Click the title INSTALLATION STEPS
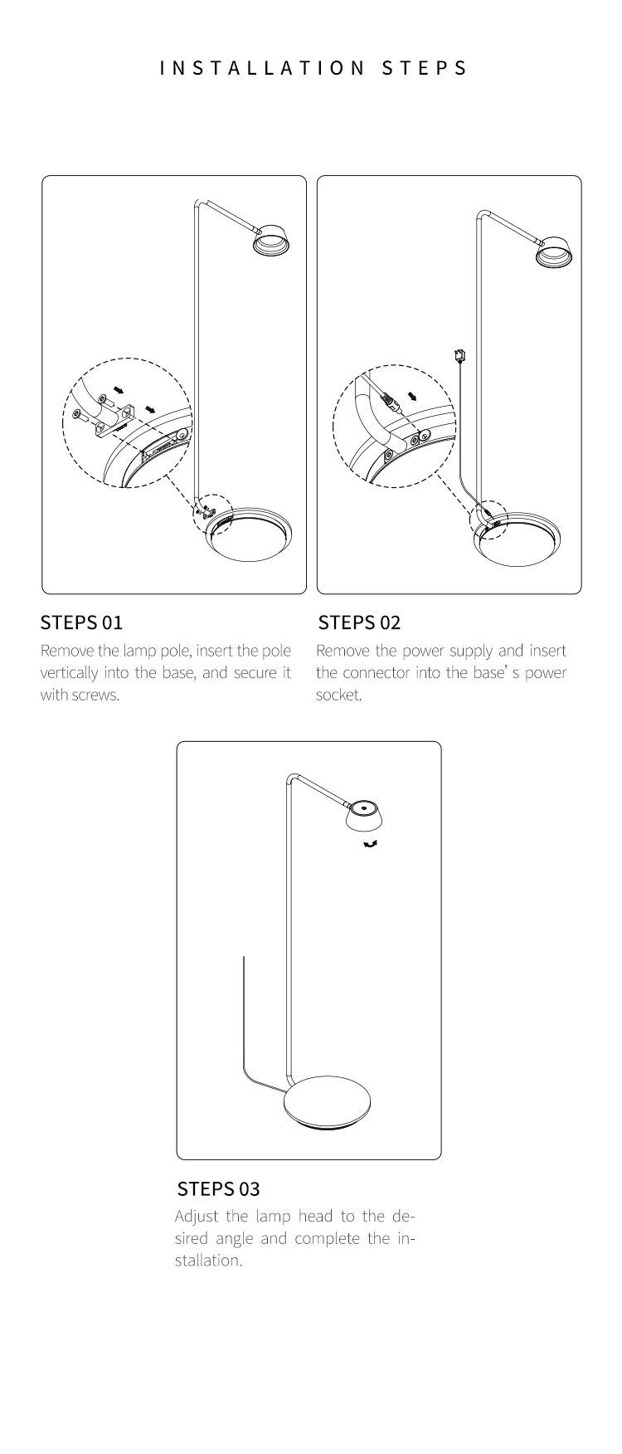(x=313, y=68)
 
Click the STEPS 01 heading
(x=81, y=622)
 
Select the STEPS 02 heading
(x=359, y=622)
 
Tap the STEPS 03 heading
(x=219, y=1188)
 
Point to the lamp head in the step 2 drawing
(x=556, y=251)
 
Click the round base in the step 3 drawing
(x=327, y=1104)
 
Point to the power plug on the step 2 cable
(x=459, y=356)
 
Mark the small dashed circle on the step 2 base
(x=488, y=521)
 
